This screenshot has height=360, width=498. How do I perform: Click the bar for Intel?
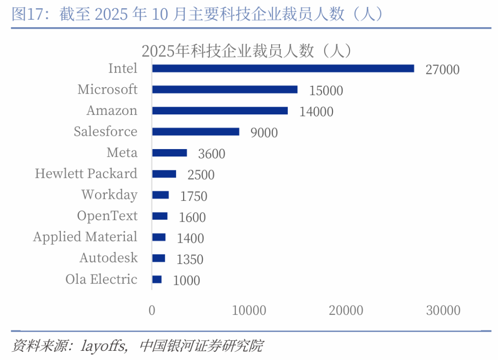(x=283, y=68)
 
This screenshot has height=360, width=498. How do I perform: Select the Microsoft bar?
(x=225, y=90)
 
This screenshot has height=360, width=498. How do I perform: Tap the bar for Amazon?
(x=220, y=111)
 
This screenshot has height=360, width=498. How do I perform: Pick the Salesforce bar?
(x=196, y=132)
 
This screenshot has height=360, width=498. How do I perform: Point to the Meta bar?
(x=169, y=153)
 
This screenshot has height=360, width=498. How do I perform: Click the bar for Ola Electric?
(x=157, y=279)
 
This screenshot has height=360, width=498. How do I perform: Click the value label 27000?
(x=443, y=70)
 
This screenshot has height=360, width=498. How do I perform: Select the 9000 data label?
(x=264, y=133)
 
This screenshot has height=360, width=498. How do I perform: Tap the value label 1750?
(x=194, y=196)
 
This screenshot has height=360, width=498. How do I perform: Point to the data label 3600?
(x=212, y=154)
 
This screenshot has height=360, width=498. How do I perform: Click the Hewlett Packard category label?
(x=86, y=174)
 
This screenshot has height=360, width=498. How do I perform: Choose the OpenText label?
(x=107, y=216)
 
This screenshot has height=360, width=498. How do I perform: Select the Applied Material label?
(x=85, y=237)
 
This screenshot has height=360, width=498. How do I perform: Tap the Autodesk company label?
(x=108, y=258)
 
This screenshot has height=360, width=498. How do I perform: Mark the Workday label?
(x=109, y=195)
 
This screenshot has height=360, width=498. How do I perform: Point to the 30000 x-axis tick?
(x=443, y=311)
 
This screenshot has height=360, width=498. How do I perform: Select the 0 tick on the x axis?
(x=152, y=311)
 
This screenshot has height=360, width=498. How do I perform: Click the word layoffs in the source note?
(x=104, y=345)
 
